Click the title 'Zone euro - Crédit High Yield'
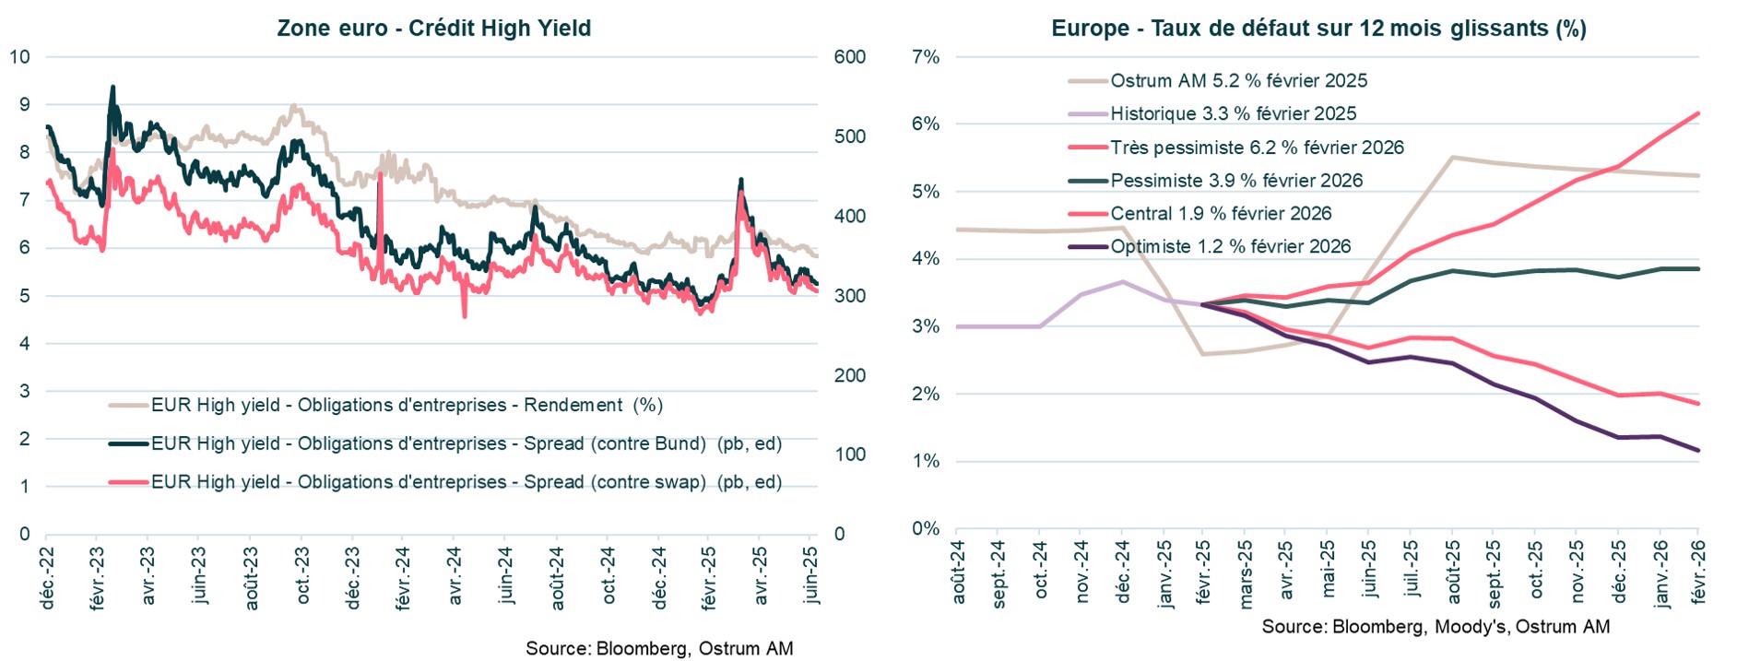[433, 28]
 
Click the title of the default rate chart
[1318, 28]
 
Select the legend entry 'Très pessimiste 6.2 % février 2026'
[1256, 148]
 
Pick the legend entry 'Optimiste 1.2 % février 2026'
[1230, 247]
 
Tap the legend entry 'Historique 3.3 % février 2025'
[1233, 114]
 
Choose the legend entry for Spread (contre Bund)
[466, 443]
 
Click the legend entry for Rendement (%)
[407, 405]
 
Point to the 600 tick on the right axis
[849, 57]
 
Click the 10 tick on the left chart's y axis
[19, 57]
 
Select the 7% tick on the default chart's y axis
[925, 57]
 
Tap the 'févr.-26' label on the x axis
[1698, 572]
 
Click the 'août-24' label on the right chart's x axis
[958, 572]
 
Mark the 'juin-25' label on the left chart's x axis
[810, 573]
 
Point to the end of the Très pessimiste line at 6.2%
[1698, 114]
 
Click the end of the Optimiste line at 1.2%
[1698, 450]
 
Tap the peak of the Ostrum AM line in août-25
[1452, 158]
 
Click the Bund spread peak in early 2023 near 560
[112, 88]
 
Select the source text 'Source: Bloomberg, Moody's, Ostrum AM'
[1436, 627]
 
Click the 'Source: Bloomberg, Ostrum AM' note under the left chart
[659, 648]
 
